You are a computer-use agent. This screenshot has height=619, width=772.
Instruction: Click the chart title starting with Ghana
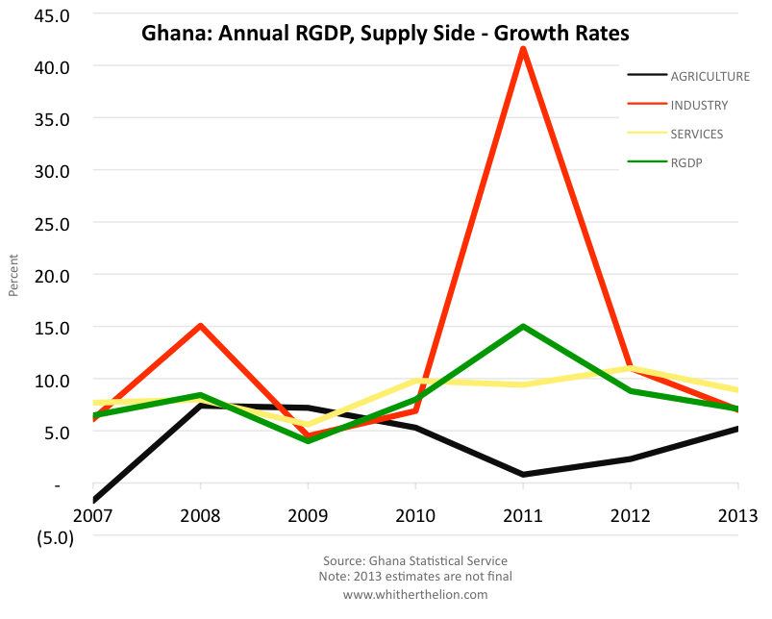click(385, 34)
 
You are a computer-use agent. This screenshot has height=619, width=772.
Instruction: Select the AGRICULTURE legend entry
click(710, 76)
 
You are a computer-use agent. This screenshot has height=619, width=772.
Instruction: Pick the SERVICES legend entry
click(697, 134)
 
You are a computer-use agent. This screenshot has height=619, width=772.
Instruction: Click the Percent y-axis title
click(13, 275)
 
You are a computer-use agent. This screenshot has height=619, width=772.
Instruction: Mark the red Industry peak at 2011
click(522, 48)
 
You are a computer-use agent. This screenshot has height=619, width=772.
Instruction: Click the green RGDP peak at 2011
click(522, 327)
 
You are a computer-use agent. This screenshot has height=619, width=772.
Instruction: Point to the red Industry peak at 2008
click(200, 326)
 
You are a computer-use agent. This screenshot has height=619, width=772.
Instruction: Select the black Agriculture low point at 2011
click(522, 474)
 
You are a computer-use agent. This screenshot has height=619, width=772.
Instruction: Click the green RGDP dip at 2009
click(308, 440)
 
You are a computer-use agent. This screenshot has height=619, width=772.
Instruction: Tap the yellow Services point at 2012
click(630, 368)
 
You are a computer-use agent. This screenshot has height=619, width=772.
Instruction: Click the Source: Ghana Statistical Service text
click(415, 560)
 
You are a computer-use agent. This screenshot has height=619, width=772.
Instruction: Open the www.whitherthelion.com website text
click(415, 594)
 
